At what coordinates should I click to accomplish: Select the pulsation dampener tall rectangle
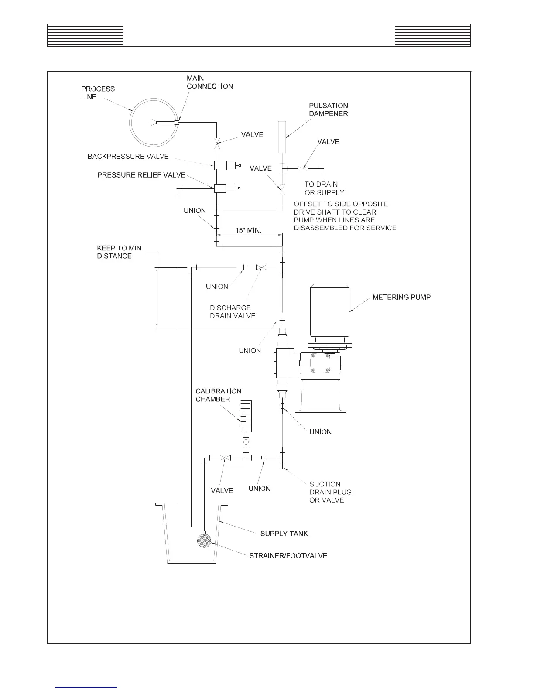click(282, 137)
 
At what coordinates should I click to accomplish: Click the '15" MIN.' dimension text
click(248, 230)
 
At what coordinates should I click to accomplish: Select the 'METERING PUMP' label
click(401, 298)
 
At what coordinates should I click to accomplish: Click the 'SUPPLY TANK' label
click(284, 534)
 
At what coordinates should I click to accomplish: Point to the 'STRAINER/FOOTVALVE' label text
click(288, 555)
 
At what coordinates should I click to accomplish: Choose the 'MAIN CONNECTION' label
click(209, 82)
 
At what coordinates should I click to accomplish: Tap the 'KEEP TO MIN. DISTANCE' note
click(120, 252)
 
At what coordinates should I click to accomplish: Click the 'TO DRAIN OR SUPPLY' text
click(324, 188)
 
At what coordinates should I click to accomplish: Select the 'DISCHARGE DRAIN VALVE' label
click(233, 311)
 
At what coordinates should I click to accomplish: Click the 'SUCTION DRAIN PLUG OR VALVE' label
click(330, 492)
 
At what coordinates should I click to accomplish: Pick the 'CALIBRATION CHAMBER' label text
click(218, 395)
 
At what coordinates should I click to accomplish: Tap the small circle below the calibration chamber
click(246, 442)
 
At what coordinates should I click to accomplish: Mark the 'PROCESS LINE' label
click(98, 92)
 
